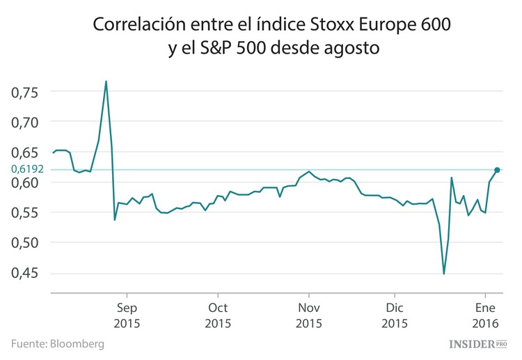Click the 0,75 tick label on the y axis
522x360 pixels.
point(26,92)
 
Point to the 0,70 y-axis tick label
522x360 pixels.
point(26,122)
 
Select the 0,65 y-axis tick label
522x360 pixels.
point(26,152)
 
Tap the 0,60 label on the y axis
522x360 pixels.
point(26,182)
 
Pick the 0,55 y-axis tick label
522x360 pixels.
point(26,212)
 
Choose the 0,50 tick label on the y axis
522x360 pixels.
point(26,242)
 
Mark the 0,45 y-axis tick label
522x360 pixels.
point(26,273)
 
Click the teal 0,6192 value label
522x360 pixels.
point(28,169)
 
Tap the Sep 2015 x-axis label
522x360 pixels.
point(127,315)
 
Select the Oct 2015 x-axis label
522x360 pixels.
point(218,315)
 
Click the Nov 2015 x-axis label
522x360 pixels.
point(308,315)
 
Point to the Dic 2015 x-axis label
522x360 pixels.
point(395,315)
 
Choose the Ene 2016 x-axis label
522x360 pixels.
point(485,315)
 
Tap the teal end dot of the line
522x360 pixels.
point(497,170)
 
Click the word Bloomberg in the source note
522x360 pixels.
point(77,344)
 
